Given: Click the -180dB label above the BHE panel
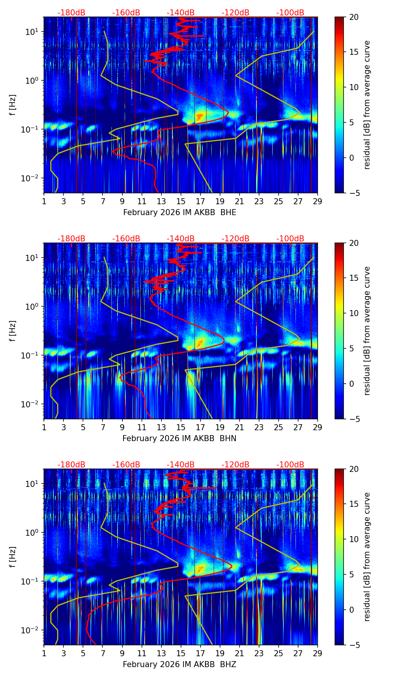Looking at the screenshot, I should tap(71, 13).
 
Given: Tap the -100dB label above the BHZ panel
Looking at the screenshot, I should tap(290, 465).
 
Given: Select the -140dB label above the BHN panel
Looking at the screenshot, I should tap(181, 239).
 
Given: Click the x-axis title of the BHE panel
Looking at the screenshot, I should tap(179, 212).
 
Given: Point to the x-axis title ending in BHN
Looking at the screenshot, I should tap(179, 438).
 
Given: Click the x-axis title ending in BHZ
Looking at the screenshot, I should tap(179, 664).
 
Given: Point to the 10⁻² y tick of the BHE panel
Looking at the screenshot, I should tap(29, 178).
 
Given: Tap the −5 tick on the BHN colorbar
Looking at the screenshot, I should tap(354, 419).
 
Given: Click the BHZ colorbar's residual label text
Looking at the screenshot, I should tap(367, 557).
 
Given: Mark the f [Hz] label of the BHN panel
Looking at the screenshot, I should tap(13, 331).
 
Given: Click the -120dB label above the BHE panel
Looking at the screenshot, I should tap(235, 13).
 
